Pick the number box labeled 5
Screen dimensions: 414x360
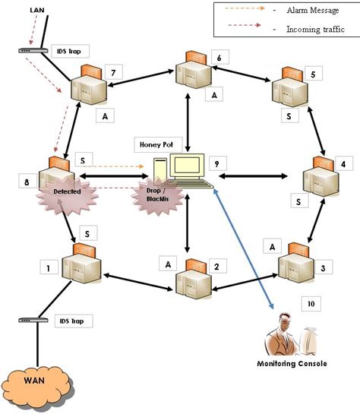(312, 74)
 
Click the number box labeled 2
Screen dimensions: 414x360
(217, 267)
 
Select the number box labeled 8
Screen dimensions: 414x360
(27, 182)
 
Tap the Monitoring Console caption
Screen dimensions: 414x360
(292, 364)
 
